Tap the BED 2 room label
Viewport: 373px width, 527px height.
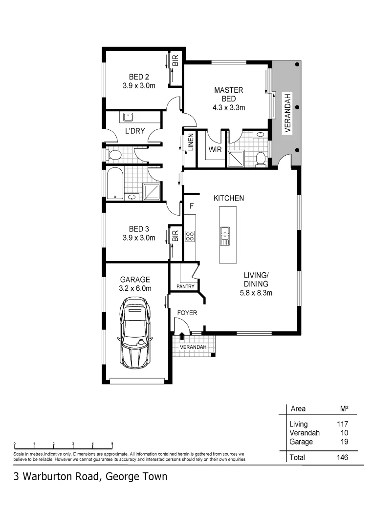tap(139, 77)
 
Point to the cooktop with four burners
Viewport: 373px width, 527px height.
tap(190, 237)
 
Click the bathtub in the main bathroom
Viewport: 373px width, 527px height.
tap(115, 183)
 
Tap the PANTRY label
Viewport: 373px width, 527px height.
tap(185, 286)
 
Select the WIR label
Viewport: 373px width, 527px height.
tap(216, 150)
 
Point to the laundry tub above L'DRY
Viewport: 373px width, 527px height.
tap(129, 117)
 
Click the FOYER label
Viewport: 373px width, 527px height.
tap(187, 313)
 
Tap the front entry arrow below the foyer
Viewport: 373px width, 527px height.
tap(182, 336)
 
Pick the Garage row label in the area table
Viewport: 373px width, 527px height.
tap(301, 442)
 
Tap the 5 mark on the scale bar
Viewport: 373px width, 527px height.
tap(112, 444)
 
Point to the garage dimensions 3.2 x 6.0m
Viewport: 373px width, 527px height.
tap(135, 288)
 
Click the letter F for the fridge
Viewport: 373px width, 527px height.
tap(192, 206)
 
